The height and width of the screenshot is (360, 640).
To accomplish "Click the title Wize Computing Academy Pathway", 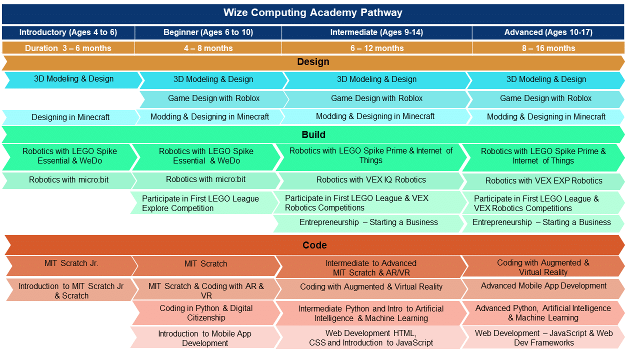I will click(x=313, y=13).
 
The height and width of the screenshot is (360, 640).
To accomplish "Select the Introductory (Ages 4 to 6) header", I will click(x=68, y=32).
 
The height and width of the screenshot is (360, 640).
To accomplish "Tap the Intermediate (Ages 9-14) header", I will click(x=376, y=32).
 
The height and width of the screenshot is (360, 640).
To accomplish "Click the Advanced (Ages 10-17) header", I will click(x=548, y=32).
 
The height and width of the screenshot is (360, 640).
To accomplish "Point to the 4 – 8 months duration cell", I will click(x=208, y=48).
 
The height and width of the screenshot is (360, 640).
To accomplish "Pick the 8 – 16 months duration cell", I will click(x=548, y=48).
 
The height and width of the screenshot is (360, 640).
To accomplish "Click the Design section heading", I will click(x=313, y=62).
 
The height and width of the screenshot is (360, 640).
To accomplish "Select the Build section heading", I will click(x=313, y=134).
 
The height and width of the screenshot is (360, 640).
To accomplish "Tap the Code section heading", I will click(x=314, y=245).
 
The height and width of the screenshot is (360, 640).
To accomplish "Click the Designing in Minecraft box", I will click(x=70, y=117).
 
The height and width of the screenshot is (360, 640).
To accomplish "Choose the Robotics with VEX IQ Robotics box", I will click(x=371, y=180).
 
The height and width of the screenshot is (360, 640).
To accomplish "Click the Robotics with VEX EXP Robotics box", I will click(x=543, y=181).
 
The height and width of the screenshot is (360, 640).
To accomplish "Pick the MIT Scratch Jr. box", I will click(x=71, y=263).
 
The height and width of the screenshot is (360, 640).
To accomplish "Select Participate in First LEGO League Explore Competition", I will click(x=200, y=203).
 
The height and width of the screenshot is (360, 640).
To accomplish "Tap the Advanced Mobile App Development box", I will click(x=543, y=286).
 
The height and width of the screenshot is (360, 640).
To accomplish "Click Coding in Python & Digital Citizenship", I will click(x=206, y=313).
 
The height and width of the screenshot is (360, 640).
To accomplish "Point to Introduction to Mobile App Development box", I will click(x=204, y=338).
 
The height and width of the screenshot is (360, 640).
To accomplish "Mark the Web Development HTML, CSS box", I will click(x=371, y=338).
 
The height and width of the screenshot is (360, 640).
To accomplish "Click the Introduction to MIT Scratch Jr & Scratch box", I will click(x=71, y=291).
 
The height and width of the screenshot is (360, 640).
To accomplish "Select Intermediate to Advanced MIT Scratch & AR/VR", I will click(x=370, y=268).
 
